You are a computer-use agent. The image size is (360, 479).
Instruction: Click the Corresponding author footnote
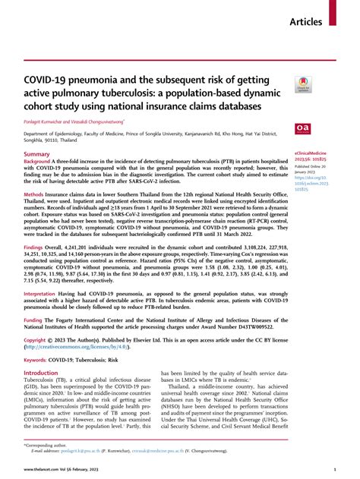pos(47,444)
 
